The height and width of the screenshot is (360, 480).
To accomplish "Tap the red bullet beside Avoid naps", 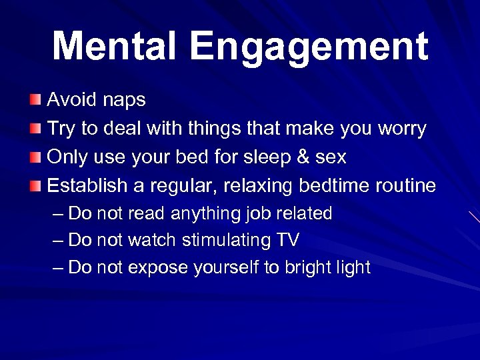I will coord(35,101).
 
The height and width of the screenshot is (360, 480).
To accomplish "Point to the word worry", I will coord(401,129).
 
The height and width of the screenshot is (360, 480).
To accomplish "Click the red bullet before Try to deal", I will coord(35,129).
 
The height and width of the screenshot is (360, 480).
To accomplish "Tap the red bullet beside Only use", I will coord(35,157).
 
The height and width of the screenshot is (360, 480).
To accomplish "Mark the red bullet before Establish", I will coord(35,185).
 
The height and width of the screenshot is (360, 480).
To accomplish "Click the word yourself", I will coord(226,268).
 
